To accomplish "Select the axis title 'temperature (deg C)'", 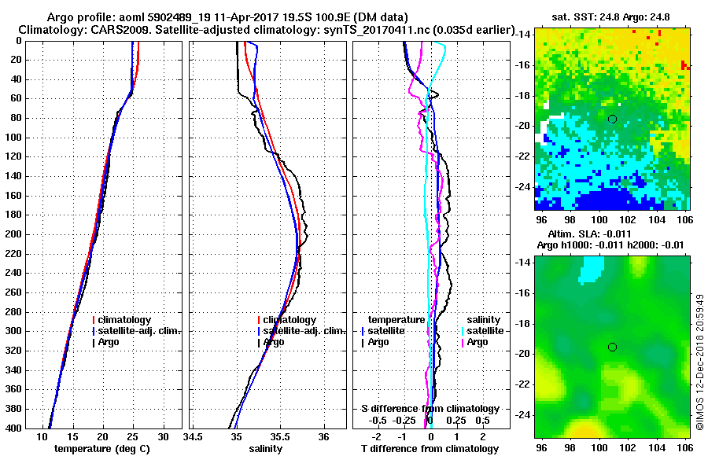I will pyautogui.click(x=101, y=449).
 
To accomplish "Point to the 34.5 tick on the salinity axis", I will pyautogui.click(x=194, y=436).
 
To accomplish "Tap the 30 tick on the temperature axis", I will pyautogui.click(x=163, y=436).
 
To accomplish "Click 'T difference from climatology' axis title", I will pyautogui.click(x=430, y=449).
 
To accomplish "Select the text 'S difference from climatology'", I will pyautogui.click(x=430, y=409).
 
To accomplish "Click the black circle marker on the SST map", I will pyautogui.click(x=612, y=119).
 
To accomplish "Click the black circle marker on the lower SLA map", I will pyautogui.click(x=612, y=347).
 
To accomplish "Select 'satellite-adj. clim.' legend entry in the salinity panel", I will pyautogui.click(x=304, y=331).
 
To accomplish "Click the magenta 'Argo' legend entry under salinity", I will pyautogui.click(x=477, y=342).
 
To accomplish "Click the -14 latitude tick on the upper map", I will pyautogui.click(x=522, y=35).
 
